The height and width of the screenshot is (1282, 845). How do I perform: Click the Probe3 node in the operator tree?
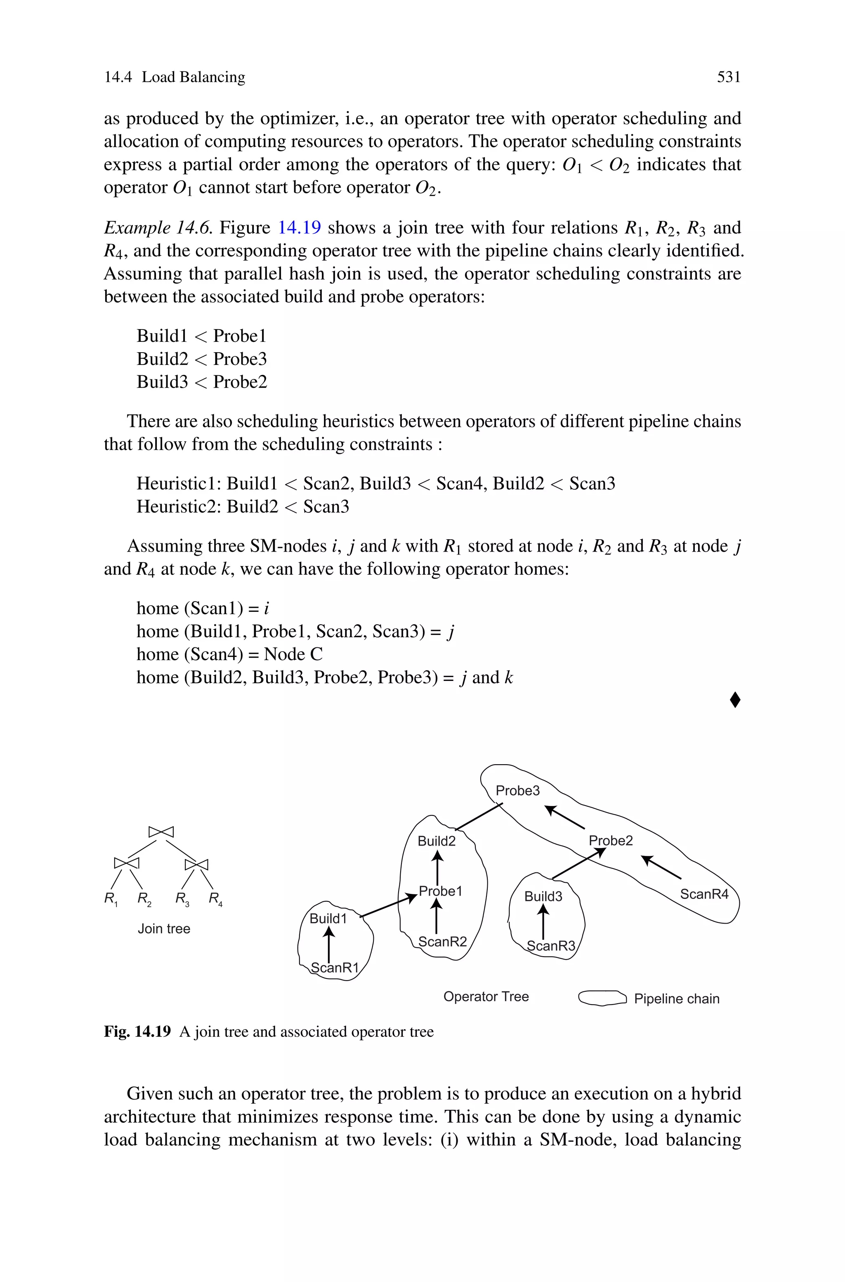[517, 791]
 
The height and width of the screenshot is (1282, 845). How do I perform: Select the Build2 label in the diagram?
[436, 841]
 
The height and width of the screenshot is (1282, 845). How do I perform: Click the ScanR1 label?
[334, 968]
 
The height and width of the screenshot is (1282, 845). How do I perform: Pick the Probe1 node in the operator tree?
[440, 891]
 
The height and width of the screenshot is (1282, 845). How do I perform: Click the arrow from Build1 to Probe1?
[388, 906]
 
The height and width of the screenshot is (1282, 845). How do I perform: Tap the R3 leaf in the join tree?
[182, 899]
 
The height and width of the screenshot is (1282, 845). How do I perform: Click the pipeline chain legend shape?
[602, 998]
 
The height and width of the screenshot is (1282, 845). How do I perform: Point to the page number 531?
[729, 78]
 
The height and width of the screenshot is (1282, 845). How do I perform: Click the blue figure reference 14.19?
[299, 228]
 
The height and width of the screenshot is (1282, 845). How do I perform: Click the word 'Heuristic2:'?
[178, 507]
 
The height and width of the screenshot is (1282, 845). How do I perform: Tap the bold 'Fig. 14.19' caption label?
[137, 1032]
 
